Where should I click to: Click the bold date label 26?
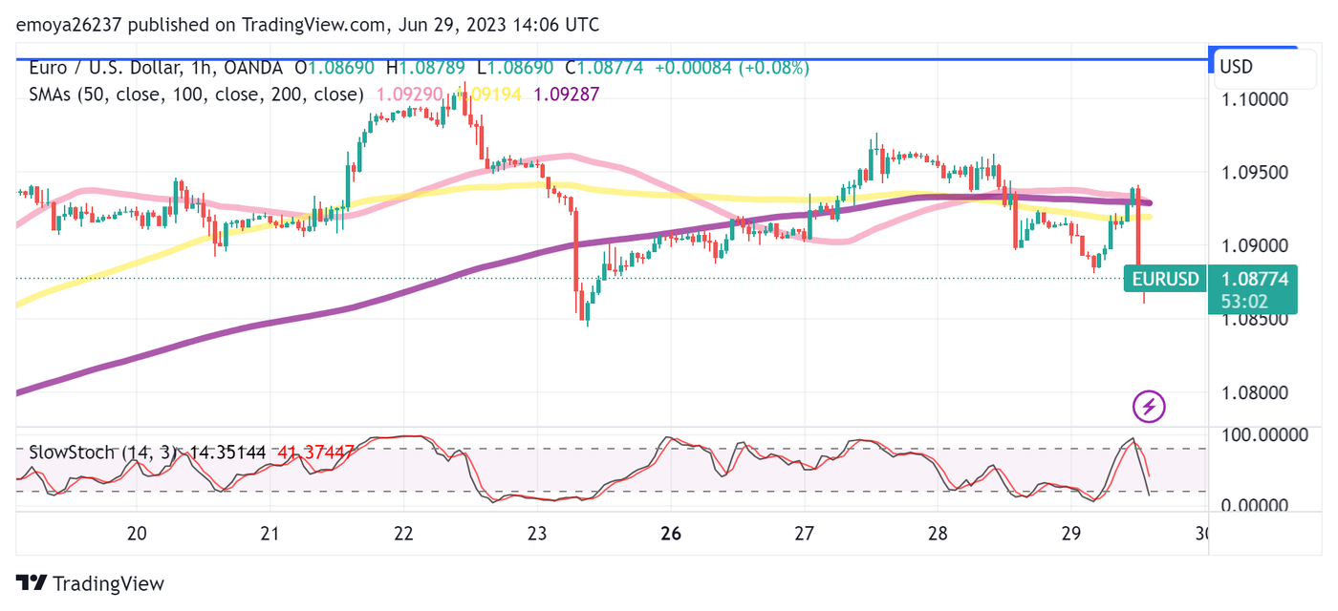point(671,533)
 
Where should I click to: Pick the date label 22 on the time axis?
point(403,533)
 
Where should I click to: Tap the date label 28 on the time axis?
point(938,533)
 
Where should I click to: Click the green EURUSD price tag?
point(1165,280)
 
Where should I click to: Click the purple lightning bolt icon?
point(1149,407)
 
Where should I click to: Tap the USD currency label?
point(1236,67)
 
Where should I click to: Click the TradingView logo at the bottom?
point(91,583)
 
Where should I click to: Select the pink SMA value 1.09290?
point(409,95)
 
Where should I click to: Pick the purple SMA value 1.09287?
point(566,95)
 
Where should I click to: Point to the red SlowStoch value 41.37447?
point(316,452)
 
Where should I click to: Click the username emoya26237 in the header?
point(70,25)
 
